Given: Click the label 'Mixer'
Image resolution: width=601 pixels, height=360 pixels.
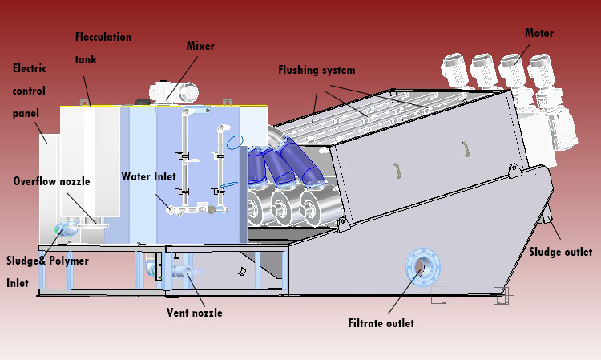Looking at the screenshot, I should (201, 46).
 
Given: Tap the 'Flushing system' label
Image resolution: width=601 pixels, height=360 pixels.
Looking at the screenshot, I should (317, 70).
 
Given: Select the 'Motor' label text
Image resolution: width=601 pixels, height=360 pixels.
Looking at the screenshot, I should (539, 33).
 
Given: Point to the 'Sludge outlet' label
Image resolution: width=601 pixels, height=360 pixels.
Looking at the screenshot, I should (560, 252).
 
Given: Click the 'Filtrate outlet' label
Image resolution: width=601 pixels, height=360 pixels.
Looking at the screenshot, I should (381, 323).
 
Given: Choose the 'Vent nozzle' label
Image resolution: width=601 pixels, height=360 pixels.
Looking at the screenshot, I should (194, 312).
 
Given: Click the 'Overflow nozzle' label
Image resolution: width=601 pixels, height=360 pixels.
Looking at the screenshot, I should (51, 181).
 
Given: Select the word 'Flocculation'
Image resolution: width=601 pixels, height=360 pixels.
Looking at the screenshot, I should (103, 37).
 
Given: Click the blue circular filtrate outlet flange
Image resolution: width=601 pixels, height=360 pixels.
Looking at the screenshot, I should (421, 266).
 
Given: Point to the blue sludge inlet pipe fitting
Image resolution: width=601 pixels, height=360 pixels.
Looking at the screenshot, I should (63, 231).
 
